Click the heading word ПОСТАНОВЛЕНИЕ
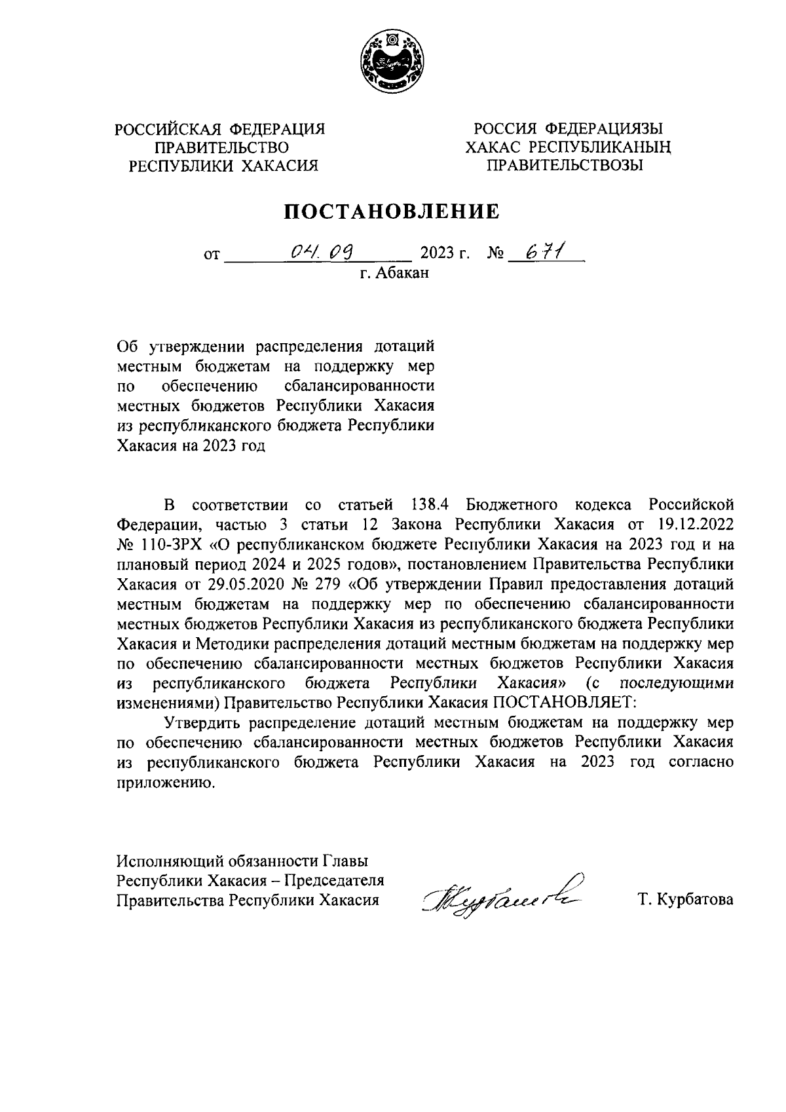pyautogui.click(x=392, y=211)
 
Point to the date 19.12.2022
pyautogui.click(x=697, y=525)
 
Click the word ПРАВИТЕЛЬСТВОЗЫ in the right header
pyautogui.click(x=563, y=166)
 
